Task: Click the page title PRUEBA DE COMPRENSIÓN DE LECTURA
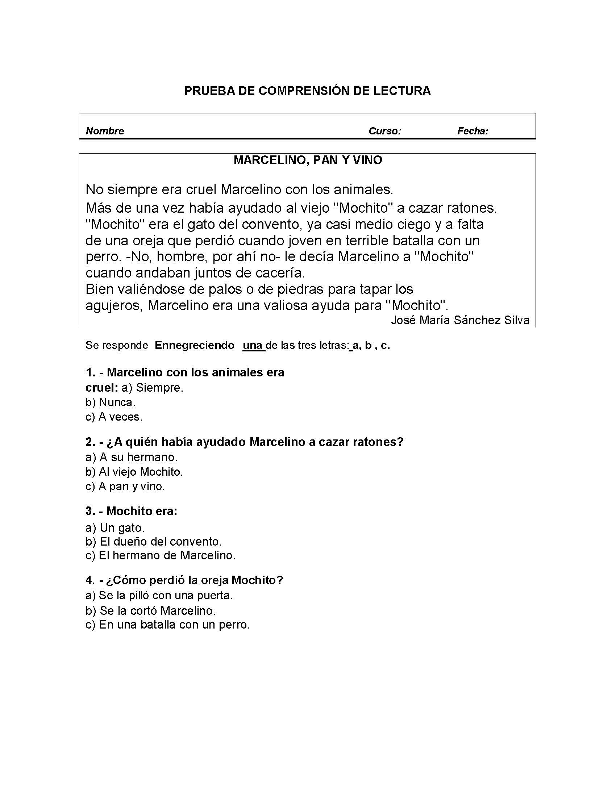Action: pyautogui.click(x=307, y=91)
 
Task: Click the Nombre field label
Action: pyautogui.click(x=105, y=131)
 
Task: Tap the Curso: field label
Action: pyautogui.click(x=384, y=131)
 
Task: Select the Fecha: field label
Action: pyautogui.click(x=473, y=131)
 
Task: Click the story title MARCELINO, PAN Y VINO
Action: pyautogui.click(x=308, y=160)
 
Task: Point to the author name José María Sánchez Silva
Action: pyautogui.click(x=460, y=320)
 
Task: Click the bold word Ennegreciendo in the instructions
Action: pyautogui.click(x=194, y=345)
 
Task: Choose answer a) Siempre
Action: pyautogui.click(x=152, y=388)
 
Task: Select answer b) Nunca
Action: pyautogui.click(x=110, y=402)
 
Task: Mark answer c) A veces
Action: pyautogui.click(x=114, y=417)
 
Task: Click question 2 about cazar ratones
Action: pyautogui.click(x=245, y=442)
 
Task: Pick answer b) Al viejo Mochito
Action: pyautogui.click(x=134, y=472)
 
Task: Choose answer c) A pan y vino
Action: pyautogui.click(x=125, y=487)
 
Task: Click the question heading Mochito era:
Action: pyautogui.click(x=132, y=511)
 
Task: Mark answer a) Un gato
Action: pyautogui.click(x=115, y=528)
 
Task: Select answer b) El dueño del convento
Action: pyautogui.click(x=153, y=541)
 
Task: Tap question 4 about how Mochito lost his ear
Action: pyautogui.click(x=184, y=580)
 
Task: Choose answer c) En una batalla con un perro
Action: pyautogui.click(x=167, y=625)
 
